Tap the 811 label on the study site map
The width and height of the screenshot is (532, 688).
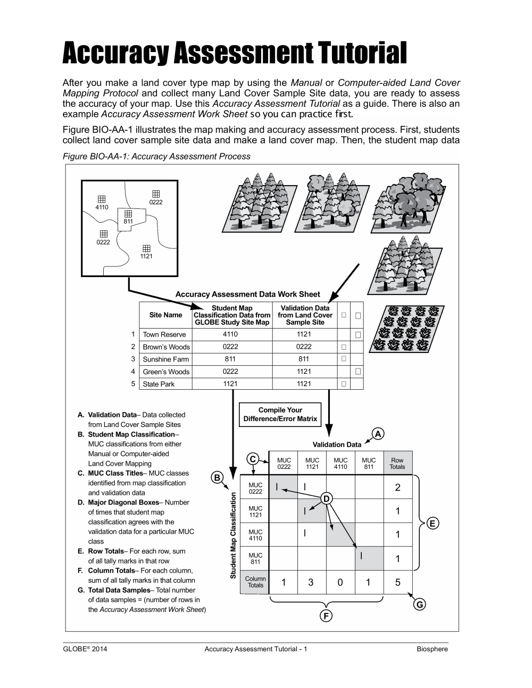coord(128,221)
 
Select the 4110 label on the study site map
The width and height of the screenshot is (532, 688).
coord(102,207)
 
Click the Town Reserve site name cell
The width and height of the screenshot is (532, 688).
coord(164,334)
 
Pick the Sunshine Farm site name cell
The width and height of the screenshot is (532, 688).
coord(165,359)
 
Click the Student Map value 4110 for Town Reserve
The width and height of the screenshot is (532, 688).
coord(230,334)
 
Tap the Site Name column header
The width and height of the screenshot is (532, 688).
coord(165,315)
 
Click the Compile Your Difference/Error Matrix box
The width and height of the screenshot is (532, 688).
coord(280,415)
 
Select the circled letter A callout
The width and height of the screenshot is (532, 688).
coord(378,434)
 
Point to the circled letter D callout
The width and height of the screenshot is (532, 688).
coord(327,498)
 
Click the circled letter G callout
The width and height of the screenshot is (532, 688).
coord(420,605)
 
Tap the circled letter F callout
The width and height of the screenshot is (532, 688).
coord(326,616)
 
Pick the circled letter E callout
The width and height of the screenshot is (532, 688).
coord(433,524)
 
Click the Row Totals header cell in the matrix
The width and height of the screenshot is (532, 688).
coord(397,464)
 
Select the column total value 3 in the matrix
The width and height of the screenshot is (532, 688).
coord(311,582)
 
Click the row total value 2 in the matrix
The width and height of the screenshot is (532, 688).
coord(397,488)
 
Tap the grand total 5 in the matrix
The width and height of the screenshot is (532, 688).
coord(397,582)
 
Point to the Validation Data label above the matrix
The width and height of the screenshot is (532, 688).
coord(337,444)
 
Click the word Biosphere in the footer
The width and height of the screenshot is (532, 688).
coord(432,649)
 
